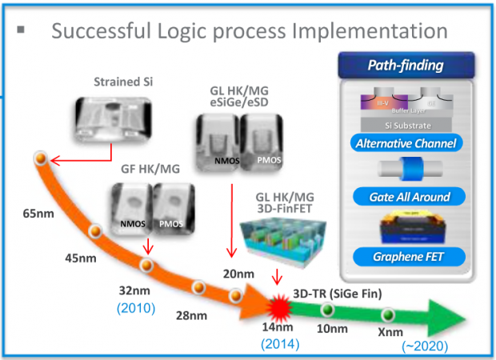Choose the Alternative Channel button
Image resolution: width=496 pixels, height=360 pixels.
pyautogui.click(x=406, y=144)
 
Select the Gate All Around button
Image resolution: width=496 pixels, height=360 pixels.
pyautogui.click(x=406, y=197)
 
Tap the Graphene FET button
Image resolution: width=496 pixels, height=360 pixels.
pyautogui.click(x=406, y=258)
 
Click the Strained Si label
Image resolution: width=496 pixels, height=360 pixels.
pyautogui.click(x=118, y=82)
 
